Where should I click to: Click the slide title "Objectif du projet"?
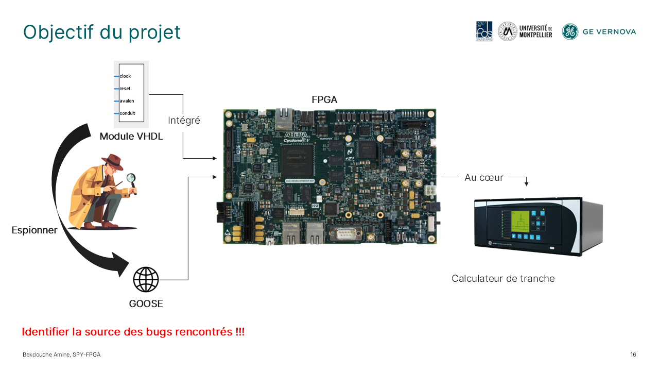tap(102, 32)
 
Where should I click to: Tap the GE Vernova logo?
tap(599, 31)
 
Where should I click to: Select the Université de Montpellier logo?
tap(525, 31)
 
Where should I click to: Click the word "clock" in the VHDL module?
tap(125, 76)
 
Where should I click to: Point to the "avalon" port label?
tap(127, 101)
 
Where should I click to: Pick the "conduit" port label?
tap(127, 113)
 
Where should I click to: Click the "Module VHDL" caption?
tap(131, 136)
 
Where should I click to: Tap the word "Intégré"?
tap(184, 121)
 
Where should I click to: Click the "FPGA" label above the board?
tap(324, 100)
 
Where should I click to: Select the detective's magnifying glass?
tap(131, 179)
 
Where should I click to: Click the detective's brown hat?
tap(112, 162)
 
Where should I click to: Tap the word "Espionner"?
tap(34, 230)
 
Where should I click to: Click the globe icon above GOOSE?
tap(146, 280)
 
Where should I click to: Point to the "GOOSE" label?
tap(146, 303)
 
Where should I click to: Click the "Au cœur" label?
tap(483, 177)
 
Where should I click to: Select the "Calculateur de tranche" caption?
tap(503, 278)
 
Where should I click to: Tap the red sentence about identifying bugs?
tap(133, 332)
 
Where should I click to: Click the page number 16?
tap(633, 355)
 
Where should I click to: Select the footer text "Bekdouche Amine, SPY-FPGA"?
tap(61, 355)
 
